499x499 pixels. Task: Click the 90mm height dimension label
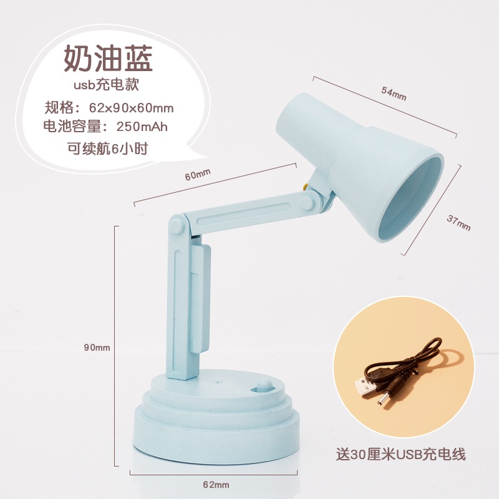tap(97, 347)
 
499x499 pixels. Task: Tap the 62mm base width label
tap(216, 485)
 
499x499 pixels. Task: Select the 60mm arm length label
tap(198, 175)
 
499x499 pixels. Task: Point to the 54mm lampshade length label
tap(394, 94)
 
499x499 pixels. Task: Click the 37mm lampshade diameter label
tap(458, 223)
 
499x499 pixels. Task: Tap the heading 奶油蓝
tap(109, 59)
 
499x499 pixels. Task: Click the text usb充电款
tap(106, 85)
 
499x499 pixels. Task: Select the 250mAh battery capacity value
tap(142, 127)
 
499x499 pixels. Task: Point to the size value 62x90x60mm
tap(131, 108)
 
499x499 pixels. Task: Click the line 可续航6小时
tap(108, 148)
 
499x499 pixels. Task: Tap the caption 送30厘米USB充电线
tap(400, 454)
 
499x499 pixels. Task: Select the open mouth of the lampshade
tap(410, 198)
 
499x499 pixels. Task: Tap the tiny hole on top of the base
tap(220, 379)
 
